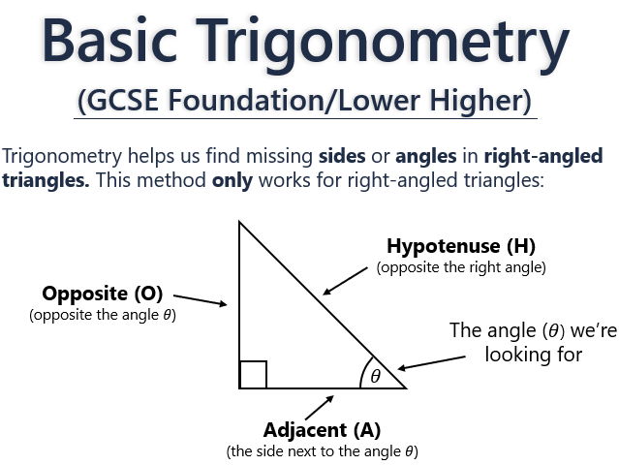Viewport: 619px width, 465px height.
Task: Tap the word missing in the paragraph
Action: coord(266,156)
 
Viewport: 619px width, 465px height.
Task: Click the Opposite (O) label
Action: coord(102,293)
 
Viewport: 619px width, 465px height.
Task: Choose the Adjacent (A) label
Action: coord(322,429)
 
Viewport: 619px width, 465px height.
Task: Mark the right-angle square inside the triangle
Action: coord(253,374)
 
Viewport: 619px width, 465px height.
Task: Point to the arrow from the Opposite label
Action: coord(199,300)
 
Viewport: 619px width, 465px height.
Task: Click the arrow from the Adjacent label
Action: coord(320,406)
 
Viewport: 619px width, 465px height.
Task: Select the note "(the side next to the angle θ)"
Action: coord(322,451)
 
